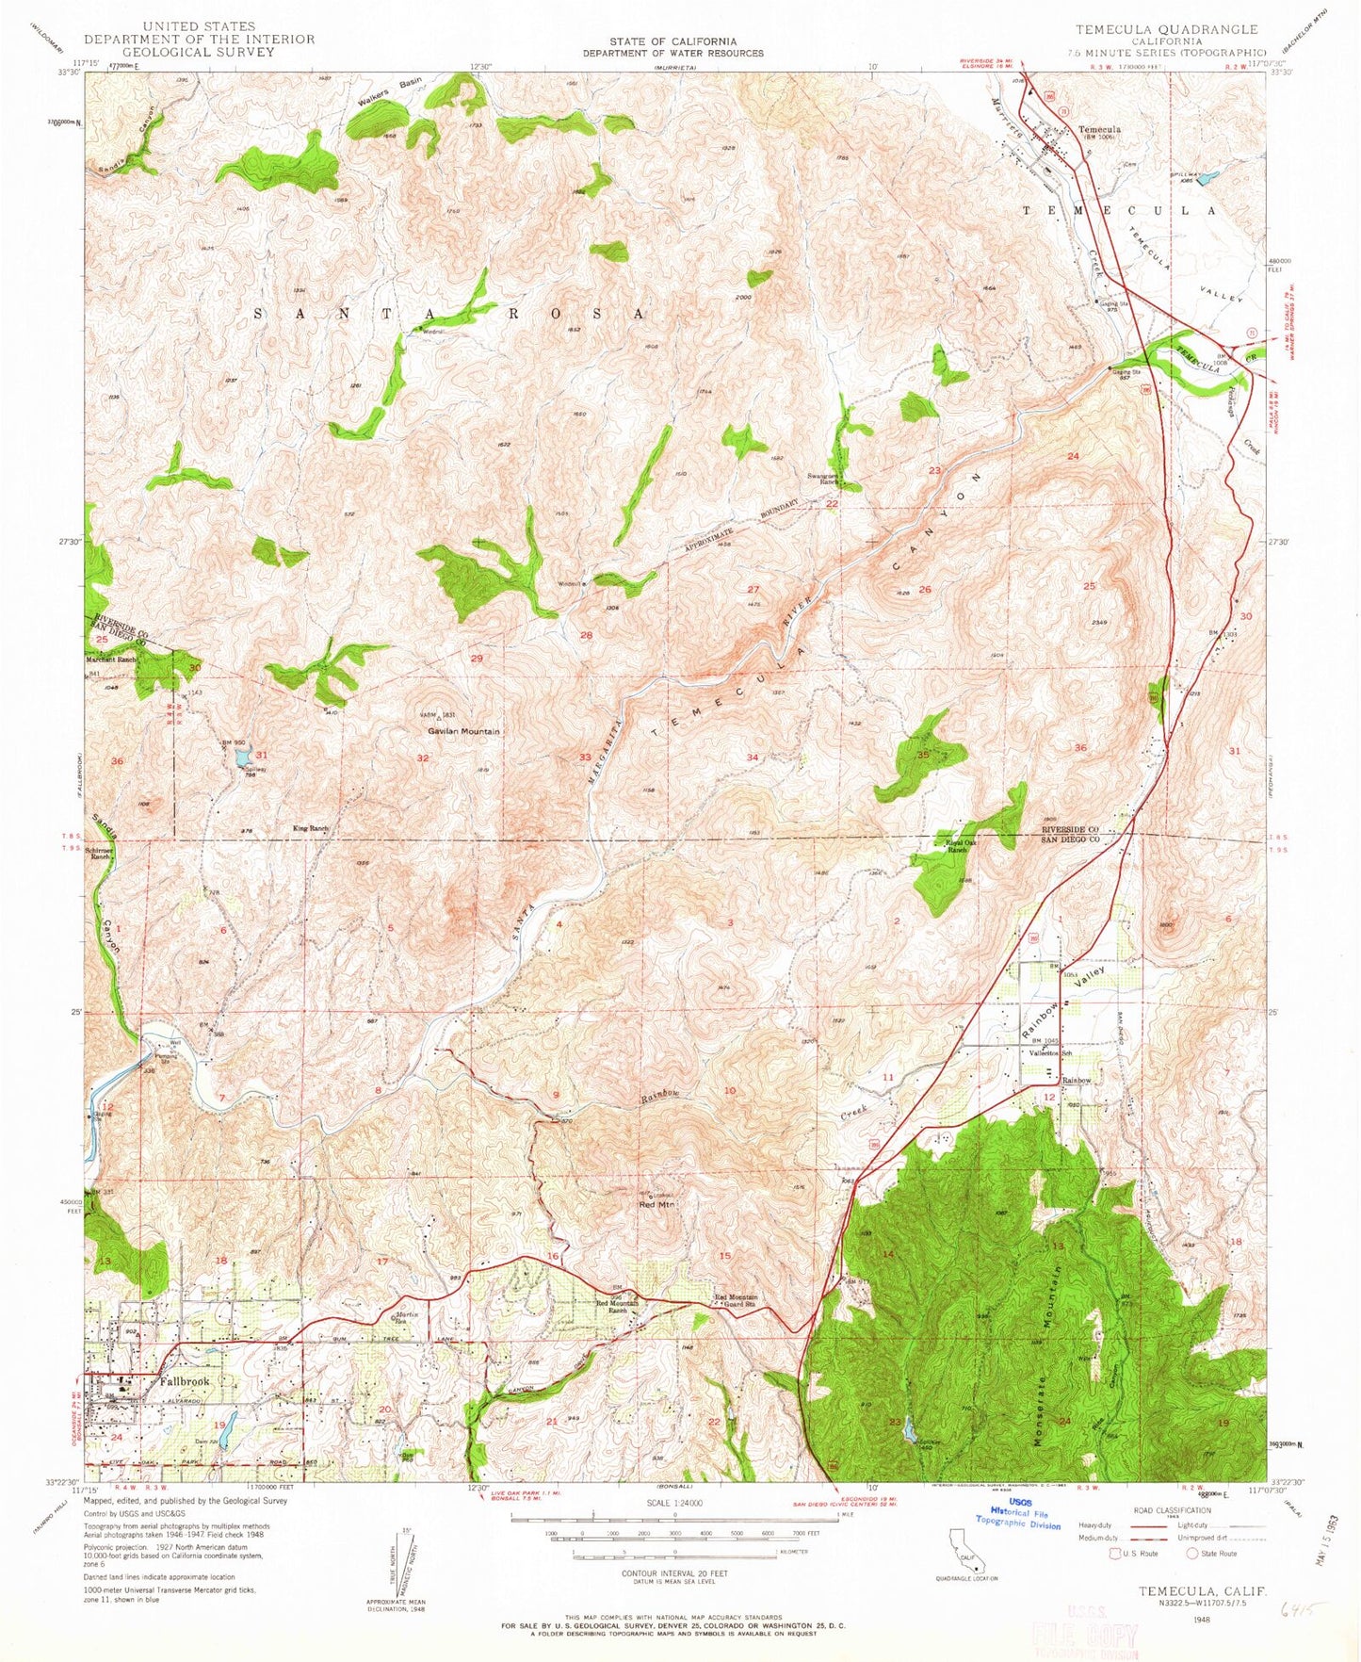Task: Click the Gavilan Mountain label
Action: (464, 731)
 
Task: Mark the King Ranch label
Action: (311, 828)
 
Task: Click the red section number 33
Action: (585, 757)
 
